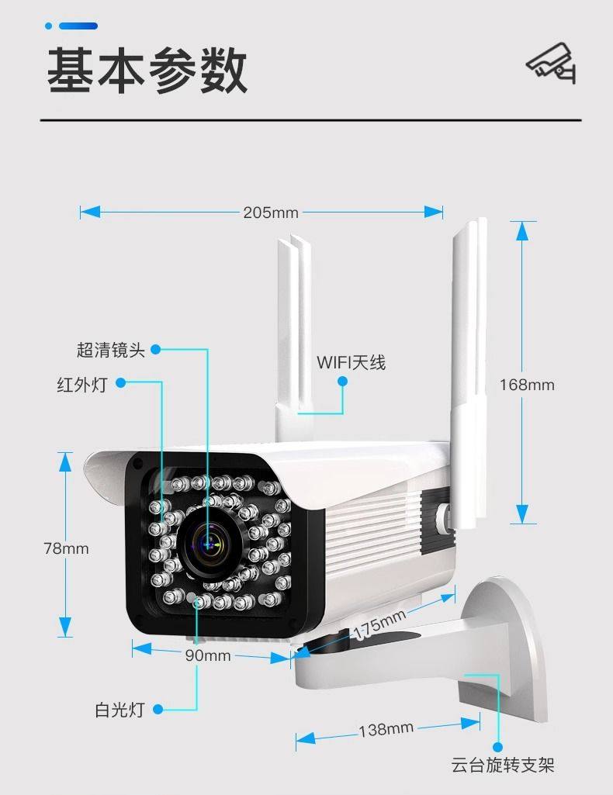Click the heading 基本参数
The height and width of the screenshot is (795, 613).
(x=147, y=71)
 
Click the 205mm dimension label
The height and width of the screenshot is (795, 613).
(x=270, y=212)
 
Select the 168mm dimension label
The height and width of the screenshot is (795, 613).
(x=527, y=384)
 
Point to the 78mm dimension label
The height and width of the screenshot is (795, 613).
(x=66, y=548)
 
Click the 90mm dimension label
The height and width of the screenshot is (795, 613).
(x=207, y=655)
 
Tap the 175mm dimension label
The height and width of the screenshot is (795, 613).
(x=379, y=625)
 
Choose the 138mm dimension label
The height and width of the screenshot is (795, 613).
(x=386, y=729)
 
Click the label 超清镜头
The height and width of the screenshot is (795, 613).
(x=111, y=350)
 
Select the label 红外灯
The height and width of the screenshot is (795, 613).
(x=81, y=384)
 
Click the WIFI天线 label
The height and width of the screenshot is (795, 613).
(x=351, y=362)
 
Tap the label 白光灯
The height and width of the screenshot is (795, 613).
(x=120, y=709)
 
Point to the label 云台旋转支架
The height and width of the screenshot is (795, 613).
(x=503, y=766)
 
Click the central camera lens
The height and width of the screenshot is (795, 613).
(x=207, y=544)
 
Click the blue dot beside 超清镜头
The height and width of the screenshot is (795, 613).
(x=155, y=350)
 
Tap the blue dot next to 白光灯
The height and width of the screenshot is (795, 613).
(x=158, y=709)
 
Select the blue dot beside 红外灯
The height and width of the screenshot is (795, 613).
(x=120, y=383)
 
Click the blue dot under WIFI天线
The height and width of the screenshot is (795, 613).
(x=342, y=380)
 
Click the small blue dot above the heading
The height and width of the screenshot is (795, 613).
(x=49, y=26)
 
